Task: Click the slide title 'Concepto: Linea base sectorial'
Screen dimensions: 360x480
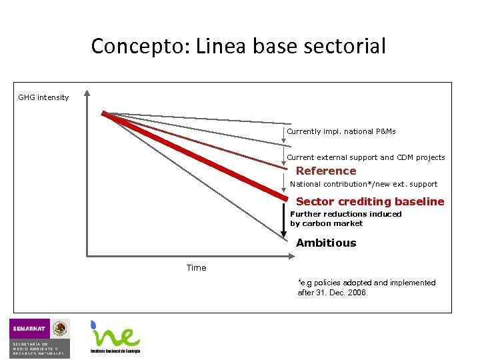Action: point(238,46)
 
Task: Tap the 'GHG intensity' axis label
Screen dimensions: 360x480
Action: point(43,97)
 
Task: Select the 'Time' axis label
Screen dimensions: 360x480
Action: point(196,267)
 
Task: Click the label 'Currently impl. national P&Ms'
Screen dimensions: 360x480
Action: point(341,131)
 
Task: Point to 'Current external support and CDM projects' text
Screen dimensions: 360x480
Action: point(365,157)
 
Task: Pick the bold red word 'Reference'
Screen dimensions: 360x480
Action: point(326,171)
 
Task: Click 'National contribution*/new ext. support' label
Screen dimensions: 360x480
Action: point(363,184)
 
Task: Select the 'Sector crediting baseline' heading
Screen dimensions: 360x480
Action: point(369,201)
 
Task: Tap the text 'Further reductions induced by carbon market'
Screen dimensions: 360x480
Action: point(345,219)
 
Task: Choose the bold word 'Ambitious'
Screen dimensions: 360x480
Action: point(326,243)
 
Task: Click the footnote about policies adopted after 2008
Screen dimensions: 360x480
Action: point(366,287)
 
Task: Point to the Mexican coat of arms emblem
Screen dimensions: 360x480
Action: point(61,328)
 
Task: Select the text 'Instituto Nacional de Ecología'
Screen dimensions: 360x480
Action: point(115,351)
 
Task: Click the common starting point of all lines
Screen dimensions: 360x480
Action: point(103,113)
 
